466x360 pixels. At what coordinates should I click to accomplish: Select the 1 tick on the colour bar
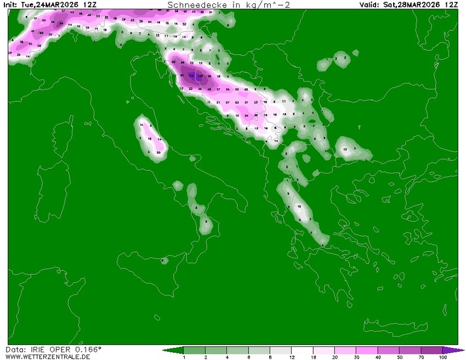coord(184,358)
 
